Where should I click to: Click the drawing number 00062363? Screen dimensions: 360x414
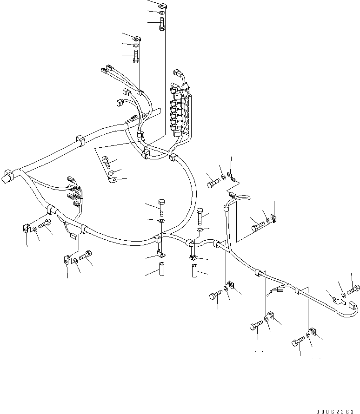(334, 412)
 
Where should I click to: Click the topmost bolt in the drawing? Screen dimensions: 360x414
(162, 24)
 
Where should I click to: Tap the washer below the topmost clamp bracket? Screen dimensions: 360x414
(162, 13)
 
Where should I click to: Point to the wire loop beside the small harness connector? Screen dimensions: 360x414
(243, 197)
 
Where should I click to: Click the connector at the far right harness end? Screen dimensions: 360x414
(353, 305)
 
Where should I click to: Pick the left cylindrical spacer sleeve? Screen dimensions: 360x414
(161, 269)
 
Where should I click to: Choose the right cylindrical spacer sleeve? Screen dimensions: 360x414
(195, 270)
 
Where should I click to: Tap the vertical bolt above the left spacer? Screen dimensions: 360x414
(161, 208)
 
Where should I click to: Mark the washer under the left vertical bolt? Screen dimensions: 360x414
(161, 220)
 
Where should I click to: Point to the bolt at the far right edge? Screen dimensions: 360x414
(353, 289)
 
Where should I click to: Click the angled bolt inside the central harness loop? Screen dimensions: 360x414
(106, 162)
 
